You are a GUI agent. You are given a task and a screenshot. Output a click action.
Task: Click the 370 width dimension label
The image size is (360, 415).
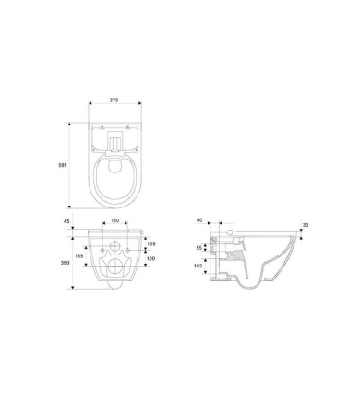coord(114,100)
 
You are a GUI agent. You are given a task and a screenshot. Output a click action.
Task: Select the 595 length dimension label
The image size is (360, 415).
coord(63,165)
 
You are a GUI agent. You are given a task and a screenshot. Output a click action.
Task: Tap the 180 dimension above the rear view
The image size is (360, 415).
coord(114,220)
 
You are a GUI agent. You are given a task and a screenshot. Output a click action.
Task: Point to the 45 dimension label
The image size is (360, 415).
coord(66,221)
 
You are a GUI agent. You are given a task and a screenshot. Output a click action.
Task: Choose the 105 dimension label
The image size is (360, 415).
coord(151,243)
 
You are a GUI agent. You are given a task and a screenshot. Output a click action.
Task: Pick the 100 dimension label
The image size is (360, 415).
coord(150,258)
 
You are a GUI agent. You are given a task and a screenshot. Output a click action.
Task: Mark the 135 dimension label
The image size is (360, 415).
coord(79,255)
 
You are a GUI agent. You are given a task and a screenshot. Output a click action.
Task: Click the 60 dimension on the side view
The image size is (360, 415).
coord(199,220)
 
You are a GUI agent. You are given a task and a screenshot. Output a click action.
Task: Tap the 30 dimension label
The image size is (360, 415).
coord(306,225)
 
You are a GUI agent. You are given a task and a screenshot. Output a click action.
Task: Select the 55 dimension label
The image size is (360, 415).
coord(199,248)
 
